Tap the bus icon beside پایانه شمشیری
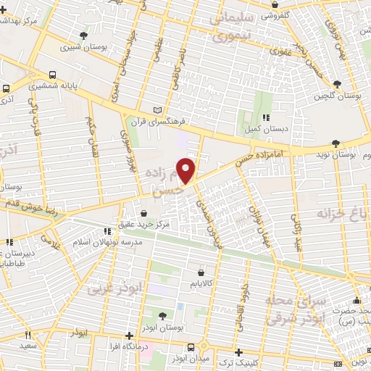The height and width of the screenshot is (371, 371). click(54, 75)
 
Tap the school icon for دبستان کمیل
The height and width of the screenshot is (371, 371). click(267, 117)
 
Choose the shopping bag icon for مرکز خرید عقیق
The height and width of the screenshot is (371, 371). click(145, 214)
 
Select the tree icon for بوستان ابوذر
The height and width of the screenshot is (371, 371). click(161, 314)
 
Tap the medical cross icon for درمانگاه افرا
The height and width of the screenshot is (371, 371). click(129, 335)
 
